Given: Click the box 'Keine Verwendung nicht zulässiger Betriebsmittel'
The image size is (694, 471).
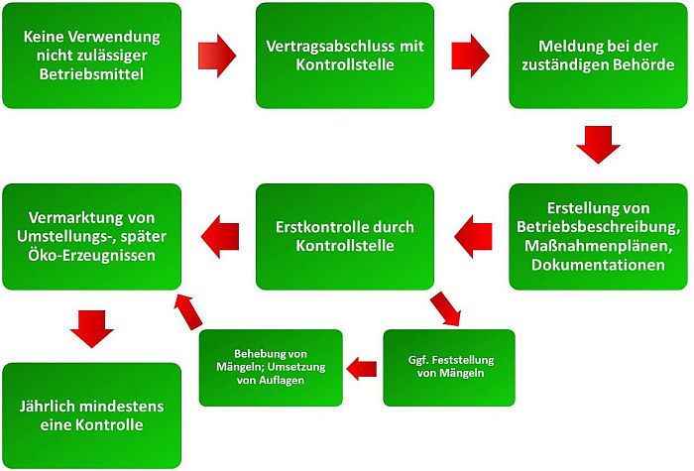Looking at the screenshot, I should point(92,56).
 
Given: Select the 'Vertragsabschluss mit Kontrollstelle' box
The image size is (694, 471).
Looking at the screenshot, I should point(345,56).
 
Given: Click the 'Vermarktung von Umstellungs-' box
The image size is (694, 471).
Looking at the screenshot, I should point(92,236).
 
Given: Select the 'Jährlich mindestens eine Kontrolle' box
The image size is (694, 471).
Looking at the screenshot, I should point(92,415).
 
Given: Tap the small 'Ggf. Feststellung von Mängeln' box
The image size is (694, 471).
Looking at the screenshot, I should point(449,368).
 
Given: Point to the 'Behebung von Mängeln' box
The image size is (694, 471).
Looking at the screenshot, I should point(271,368).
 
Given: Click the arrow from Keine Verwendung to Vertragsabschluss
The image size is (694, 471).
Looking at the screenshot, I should point(217,56).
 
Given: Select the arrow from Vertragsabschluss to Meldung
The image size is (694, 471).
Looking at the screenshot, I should point(471,56).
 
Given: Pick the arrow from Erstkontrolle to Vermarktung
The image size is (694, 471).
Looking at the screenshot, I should point(220,236).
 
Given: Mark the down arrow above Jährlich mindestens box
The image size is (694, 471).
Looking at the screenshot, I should point(92,327).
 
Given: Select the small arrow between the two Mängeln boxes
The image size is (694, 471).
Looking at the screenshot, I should point(362,369).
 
